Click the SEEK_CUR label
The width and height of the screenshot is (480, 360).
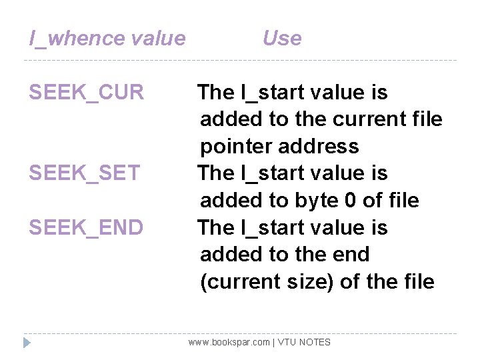click(x=86, y=93)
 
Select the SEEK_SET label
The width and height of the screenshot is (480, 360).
click(x=85, y=173)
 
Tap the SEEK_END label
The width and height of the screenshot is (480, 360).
click(x=86, y=228)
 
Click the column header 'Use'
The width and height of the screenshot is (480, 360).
click(x=281, y=38)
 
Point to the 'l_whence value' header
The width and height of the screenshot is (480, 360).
click(x=107, y=39)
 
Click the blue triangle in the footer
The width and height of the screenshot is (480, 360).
click(x=27, y=343)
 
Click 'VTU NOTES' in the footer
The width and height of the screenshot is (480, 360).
click(x=304, y=342)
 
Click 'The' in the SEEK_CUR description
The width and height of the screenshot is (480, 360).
click(x=216, y=93)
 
